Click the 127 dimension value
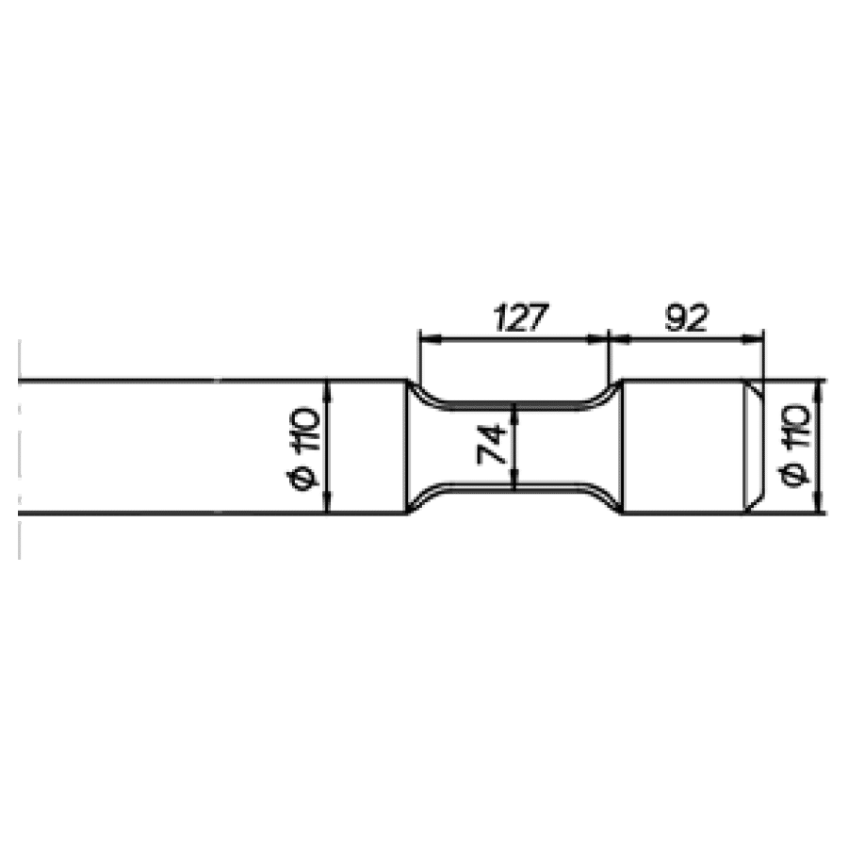tap(519, 318)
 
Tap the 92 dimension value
tap(686, 318)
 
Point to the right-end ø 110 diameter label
tap(796, 447)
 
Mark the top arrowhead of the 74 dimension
tap(514, 411)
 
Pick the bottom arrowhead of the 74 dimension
tap(514, 483)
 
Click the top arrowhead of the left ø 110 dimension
tap(326, 387)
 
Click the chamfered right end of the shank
tap(755, 447)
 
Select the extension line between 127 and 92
tap(609, 358)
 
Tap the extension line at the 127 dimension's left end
tap(419, 358)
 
